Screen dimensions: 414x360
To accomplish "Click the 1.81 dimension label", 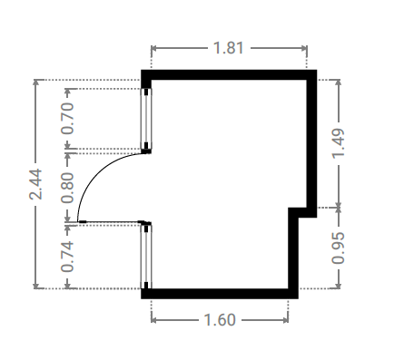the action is [x=229, y=48].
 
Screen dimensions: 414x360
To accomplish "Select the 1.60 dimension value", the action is [x=220, y=320].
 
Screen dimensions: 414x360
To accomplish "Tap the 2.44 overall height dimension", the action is [x=35, y=184].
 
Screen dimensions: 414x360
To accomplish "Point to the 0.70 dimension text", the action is [x=67, y=119].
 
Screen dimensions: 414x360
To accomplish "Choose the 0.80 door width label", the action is [x=67, y=188].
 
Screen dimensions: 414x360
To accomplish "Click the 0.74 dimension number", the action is [x=67, y=257].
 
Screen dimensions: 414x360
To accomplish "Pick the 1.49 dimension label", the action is [x=339, y=143].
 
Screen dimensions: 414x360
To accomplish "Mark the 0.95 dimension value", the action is [x=339, y=248].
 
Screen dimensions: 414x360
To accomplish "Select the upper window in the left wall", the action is [x=146, y=119].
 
